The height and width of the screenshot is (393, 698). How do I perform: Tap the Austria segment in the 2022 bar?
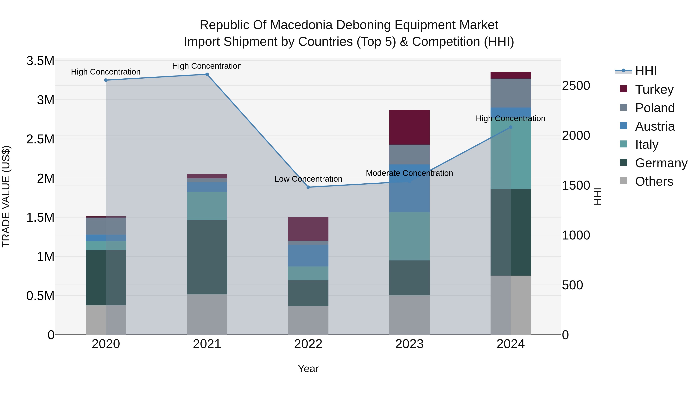(x=308, y=255)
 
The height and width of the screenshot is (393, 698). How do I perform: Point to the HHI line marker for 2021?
(x=207, y=74)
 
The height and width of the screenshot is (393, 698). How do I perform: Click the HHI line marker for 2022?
(x=308, y=187)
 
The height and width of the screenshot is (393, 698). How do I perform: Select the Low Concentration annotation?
(x=308, y=179)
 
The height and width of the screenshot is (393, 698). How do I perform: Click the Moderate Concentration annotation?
(x=409, y=173)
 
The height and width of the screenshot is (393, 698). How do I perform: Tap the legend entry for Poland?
(x=654, y=108)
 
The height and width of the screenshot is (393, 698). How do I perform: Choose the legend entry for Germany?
(x=661, y=163)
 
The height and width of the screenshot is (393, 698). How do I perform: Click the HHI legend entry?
(x=645, y=71)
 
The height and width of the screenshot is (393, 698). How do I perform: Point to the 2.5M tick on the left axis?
(x=40, y=139)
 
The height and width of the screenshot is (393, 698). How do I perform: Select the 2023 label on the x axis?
(x=409, y=344)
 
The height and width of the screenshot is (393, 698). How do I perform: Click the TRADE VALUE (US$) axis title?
(x=6, y=196)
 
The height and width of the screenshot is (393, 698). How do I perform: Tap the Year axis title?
(x=308, y=369)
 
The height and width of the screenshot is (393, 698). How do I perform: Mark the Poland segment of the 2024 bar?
(x=511, y=93)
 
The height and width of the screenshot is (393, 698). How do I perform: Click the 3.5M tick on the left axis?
(x=40, y=61)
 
